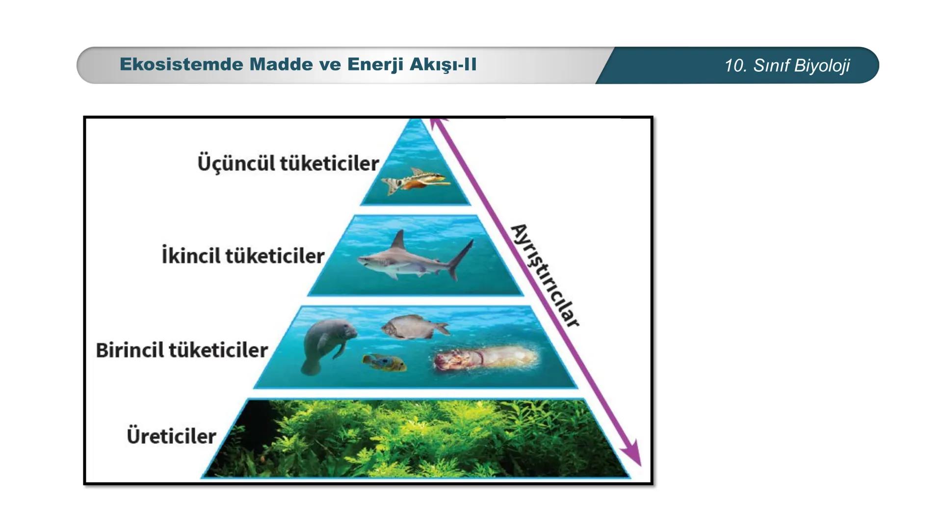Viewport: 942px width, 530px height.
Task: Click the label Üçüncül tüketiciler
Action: pos(288,163)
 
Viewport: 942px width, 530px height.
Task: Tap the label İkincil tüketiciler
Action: pos(243,256)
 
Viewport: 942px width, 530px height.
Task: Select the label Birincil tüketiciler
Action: pos(182,350)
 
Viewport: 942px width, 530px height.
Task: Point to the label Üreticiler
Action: pos(171,436)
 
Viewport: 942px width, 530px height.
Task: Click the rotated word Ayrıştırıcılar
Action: pos(545,275)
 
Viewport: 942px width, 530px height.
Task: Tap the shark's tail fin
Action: pos(461,259)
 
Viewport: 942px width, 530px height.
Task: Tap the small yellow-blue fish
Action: pos(384,362)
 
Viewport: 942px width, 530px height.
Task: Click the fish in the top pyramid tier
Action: pos(416,181)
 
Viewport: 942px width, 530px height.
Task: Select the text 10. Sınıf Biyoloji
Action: pos(787,65)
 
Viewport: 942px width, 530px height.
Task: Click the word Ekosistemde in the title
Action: pos(182,64)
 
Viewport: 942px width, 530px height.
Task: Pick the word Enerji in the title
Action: pos(375,65)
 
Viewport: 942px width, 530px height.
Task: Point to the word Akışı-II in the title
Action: pos(443,65)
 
